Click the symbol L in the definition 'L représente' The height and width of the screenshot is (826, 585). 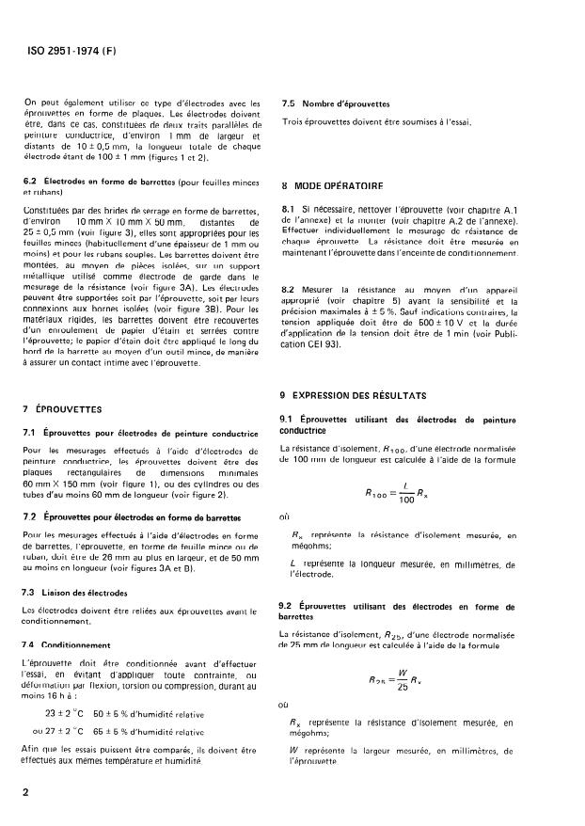[x=294, y=563]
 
